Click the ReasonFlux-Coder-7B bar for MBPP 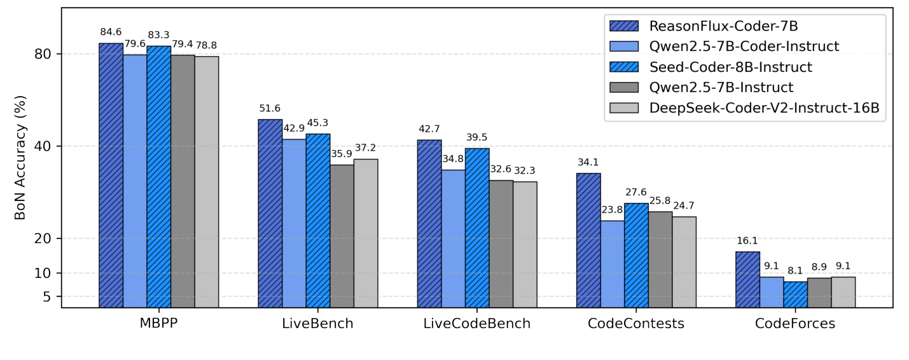(111, 175)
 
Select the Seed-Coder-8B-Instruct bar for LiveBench (318, 220)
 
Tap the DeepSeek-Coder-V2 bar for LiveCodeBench (525, 244)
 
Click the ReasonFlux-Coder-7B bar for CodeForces (747, 279)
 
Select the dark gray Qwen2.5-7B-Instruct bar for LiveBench (342, 236)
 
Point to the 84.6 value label (111, 32)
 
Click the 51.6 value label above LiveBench (270, 108)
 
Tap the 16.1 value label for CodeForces (747, 240)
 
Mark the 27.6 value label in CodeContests (636, 192)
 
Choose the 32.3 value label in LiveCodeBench (525, 170)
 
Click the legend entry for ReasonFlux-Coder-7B (723, 26)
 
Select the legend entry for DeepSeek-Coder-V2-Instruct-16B (764, 108)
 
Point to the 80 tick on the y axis (43, 54)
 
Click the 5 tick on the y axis (47, 296)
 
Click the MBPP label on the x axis (158, 323)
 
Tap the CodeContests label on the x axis (636, 323)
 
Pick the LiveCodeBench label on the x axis (477, 323)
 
